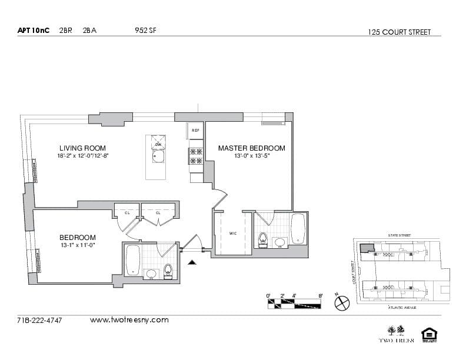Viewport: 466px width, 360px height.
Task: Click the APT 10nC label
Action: point(34,31)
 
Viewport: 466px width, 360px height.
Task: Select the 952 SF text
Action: point(145,31)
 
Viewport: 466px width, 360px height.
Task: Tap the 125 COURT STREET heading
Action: point(399,32)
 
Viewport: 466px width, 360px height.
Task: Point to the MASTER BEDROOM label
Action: point(251,148)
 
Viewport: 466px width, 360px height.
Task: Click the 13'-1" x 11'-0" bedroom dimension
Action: point(78,245)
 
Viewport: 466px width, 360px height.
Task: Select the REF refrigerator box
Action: point(195,131)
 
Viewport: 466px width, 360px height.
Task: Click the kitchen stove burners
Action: point(195,155)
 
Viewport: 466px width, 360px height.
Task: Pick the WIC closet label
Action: point(233,234)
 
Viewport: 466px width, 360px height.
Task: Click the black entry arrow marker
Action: point(191,263)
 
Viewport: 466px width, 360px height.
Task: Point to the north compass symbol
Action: point(342,303)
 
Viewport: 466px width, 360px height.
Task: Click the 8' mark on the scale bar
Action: point(321,296)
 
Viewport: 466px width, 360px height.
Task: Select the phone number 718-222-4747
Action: point(40,320)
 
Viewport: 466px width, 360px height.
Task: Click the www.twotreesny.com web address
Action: point(129,320)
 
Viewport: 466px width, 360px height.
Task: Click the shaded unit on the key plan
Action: point(367,248)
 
